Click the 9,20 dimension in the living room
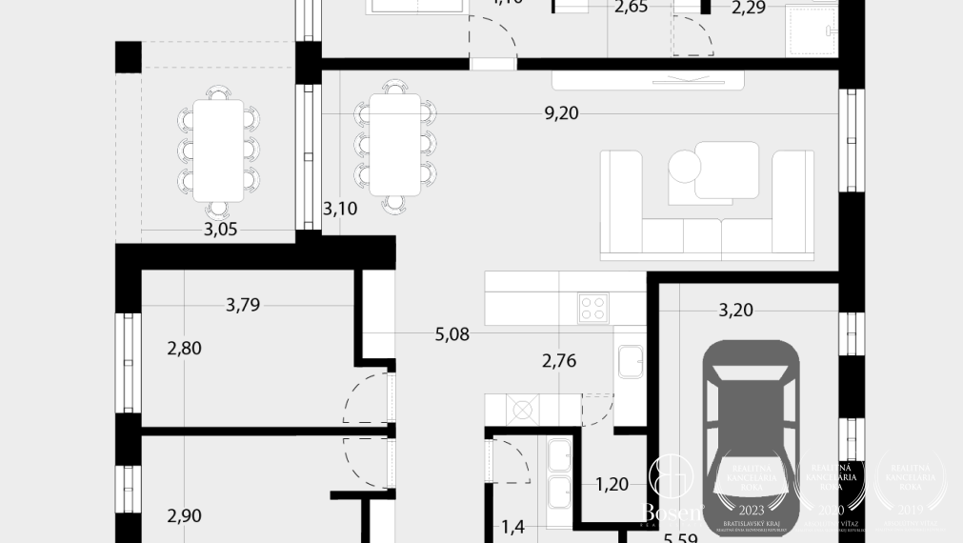[561, 114]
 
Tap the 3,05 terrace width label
[220, 230]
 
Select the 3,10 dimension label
[340, 209]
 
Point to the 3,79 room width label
[243, 306]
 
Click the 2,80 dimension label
[184, 349]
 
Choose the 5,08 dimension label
[451, 334]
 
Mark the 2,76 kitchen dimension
[559, 361]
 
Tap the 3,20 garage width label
[735, 310]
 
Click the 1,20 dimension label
[612, 484]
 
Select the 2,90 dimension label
[184, 516]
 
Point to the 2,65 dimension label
[631, 9]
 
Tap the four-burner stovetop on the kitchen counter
[593, 307]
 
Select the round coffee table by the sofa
[684, 167]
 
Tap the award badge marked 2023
[752, 492]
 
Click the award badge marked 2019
[912, 492]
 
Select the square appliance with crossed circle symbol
[521, 411]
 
